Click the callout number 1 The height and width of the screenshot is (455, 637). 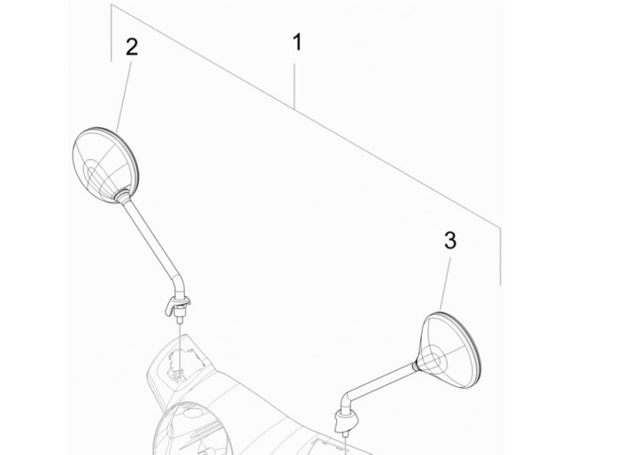(297, 42)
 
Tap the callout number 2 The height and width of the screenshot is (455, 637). (132, 47)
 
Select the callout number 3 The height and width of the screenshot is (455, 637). (450, 240)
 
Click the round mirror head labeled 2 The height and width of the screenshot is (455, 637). (105, 164)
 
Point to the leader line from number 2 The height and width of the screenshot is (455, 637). (124, 97)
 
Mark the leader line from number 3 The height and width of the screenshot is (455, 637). (445, 285)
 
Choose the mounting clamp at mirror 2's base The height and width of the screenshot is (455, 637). (177, 306)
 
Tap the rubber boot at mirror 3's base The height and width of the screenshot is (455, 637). (345, 421)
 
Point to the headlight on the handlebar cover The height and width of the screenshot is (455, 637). (194, 430)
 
